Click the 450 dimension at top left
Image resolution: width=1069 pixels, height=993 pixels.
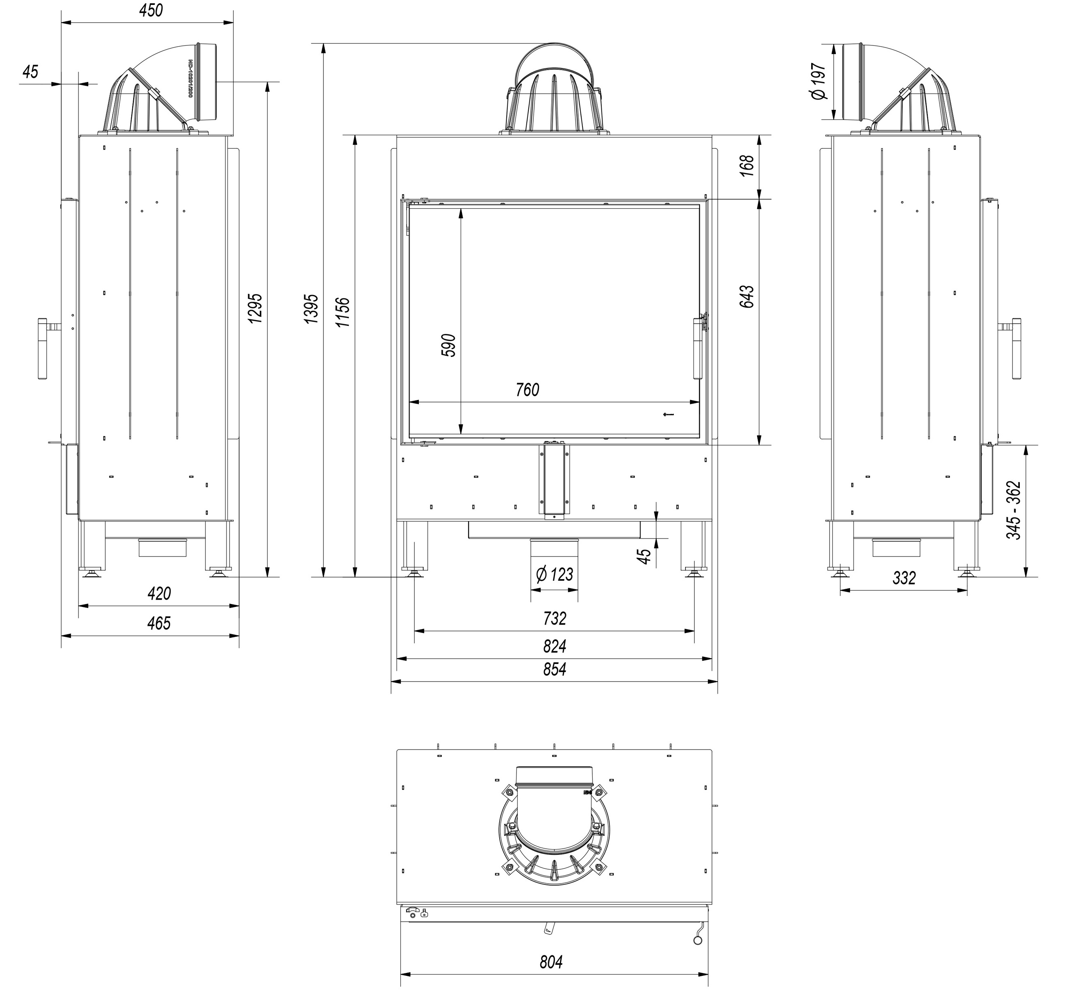(150, 11)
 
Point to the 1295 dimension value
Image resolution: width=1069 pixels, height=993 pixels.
(255, 308)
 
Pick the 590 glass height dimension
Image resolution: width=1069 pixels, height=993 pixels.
(448, 345)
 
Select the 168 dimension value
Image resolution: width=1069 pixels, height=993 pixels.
(747, 166)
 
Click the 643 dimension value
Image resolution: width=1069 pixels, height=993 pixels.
(747, 297)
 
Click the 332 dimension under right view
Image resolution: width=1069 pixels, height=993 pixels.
(904, 578)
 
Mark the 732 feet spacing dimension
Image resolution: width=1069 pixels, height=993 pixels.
(554, 618)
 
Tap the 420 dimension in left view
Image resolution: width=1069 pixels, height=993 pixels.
(159, 594)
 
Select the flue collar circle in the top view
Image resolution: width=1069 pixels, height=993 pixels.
(554, 844)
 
